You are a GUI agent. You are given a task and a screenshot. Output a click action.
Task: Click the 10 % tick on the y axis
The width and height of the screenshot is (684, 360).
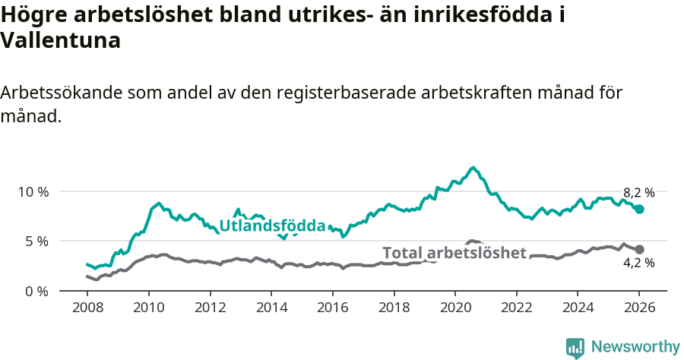[x=33, y=191]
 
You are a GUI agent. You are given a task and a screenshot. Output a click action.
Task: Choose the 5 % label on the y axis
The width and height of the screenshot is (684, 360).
[x=36, y=242]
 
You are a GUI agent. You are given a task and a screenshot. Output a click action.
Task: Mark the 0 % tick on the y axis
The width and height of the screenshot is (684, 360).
[x=36, y=292]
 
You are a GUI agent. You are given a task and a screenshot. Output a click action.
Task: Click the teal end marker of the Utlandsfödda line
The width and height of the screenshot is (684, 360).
[x=639, y=209]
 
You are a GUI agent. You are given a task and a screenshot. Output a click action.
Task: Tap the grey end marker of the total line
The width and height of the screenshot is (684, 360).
[x=639, y=249]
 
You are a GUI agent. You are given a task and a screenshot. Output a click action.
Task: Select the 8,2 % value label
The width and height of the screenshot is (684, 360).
[x=638, y=193]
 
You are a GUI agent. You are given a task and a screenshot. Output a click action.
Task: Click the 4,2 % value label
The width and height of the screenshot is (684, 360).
[x=638, y=264]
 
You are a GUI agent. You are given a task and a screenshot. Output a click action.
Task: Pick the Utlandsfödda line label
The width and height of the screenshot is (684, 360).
[x=272, y=226]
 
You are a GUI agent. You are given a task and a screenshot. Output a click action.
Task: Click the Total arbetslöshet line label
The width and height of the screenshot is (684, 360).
[x=454, y=253]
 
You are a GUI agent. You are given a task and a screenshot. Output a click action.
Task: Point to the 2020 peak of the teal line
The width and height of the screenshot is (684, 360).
[x=473, y=168]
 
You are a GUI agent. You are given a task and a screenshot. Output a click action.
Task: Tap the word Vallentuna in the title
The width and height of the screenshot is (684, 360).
[x=61, y=41]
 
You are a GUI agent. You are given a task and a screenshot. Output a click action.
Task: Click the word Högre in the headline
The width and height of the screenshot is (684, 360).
[x=35, y=14]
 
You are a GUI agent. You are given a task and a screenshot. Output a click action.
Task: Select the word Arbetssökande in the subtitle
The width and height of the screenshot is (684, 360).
[x=62, y=93]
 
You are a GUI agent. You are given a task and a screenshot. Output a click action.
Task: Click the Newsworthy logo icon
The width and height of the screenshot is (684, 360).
[x=575, y=347]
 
